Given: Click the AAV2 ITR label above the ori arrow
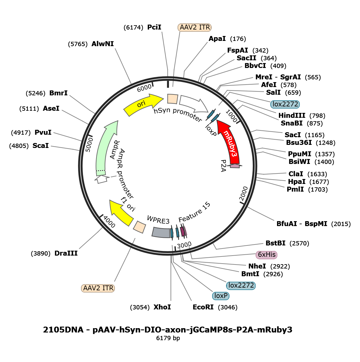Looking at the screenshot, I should [x=195, y=27].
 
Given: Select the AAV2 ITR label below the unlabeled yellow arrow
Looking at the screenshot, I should [x=98, y=288].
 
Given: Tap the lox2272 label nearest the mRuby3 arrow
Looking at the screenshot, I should [x=285, y=104].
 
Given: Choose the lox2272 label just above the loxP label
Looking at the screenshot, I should [x=241, y=285].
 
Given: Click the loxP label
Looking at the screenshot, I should [x=221, y=296].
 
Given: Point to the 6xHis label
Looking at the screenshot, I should [x=267, y=255].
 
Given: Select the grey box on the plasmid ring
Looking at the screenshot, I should [x=161, y=232].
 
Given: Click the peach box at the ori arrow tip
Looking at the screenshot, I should [x=172, y=99].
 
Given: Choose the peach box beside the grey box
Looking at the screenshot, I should [x=139, y=227].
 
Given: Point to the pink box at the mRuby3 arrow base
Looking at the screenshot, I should [x=235, y=166].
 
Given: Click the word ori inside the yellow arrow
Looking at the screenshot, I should [x=141, y=104].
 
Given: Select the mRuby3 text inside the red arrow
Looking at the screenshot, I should [x=231, y=143].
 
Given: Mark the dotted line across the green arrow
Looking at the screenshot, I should [x=101, y=171].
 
